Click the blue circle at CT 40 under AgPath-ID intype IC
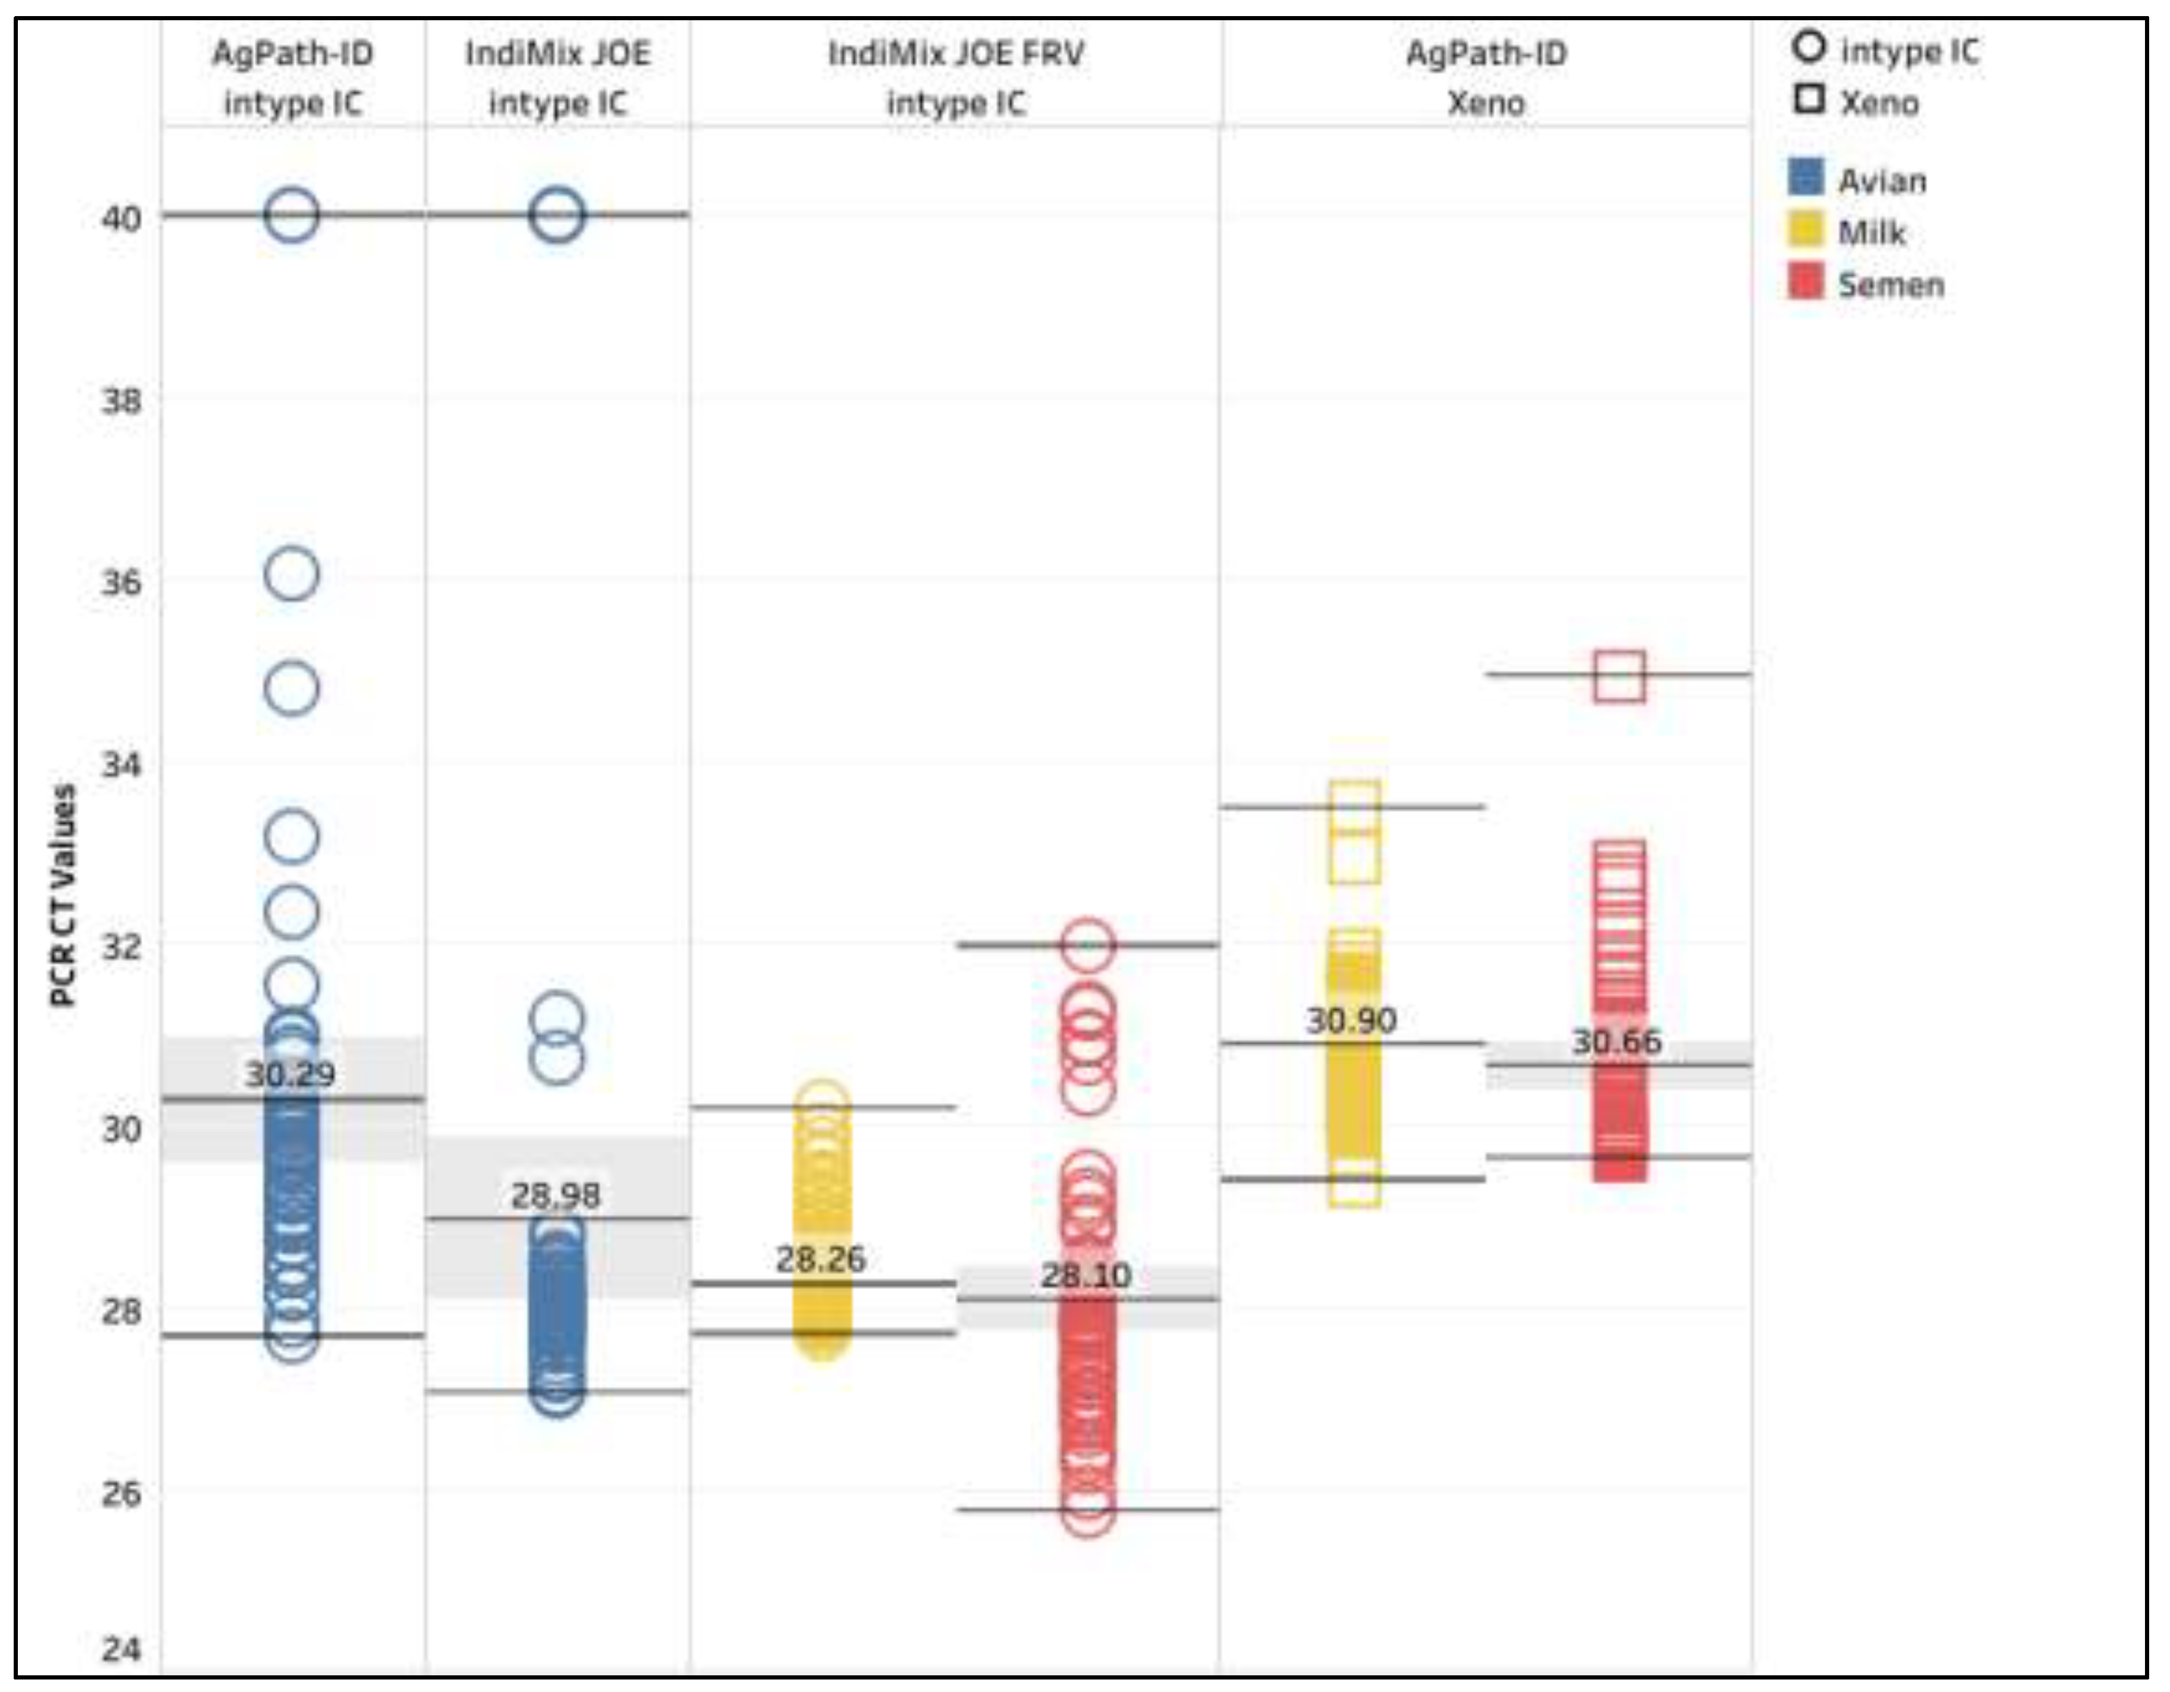pos(291,214)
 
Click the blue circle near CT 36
pos(291,574)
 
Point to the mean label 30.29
pos(290,1074)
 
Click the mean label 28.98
pos(556,1195)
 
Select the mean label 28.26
pos(821,1260)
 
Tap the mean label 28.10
pos(1086,1276)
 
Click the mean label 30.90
pos(1351,1020)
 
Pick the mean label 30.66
pos(1617,1042)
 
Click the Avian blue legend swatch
pos(1806,178)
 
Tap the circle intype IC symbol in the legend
pos(1809,48)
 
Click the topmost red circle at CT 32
pos(1087,945)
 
